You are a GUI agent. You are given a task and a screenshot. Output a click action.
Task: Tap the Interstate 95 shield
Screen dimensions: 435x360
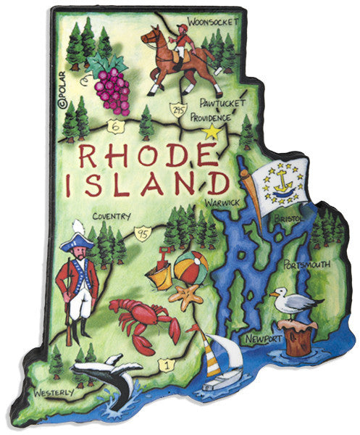point(143,234)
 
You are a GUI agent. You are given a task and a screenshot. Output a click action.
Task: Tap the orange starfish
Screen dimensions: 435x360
point(190,296)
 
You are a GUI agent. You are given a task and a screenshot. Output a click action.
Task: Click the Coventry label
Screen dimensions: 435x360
point(111,215)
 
